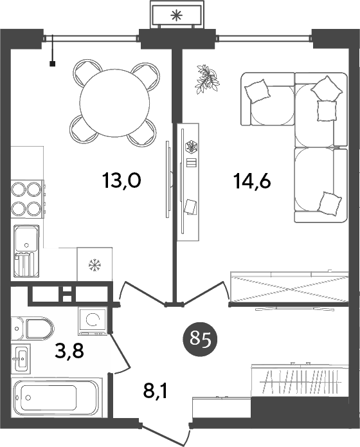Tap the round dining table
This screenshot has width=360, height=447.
click(x=115, y=102)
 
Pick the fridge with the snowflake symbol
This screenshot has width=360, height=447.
click(x=94, y=264)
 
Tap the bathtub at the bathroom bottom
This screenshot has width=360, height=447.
click(x=57, y=397)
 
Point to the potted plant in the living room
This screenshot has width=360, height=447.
click(x=206, y=78)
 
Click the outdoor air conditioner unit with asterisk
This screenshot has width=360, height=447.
click(x=175, y=15)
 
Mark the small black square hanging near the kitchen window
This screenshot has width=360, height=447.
click(x=53, y=63)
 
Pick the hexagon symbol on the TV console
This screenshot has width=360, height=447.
click(x=190, y=146)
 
